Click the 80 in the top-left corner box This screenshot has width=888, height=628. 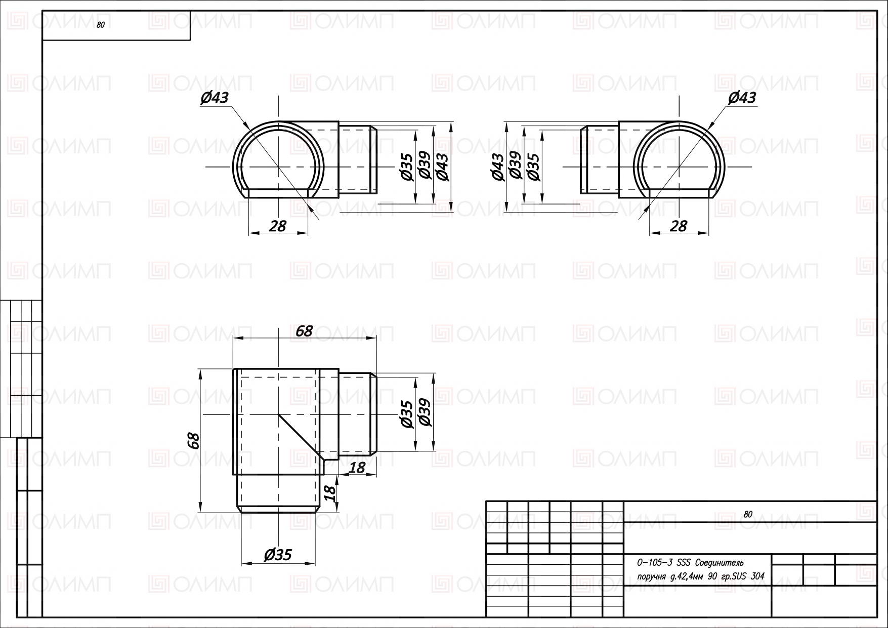[x=100, y=25]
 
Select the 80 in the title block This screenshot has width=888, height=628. [x=748, y=514]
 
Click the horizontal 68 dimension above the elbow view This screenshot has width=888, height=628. [x=304, y=331]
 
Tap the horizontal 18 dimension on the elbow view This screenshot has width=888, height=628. [x=357, y=468]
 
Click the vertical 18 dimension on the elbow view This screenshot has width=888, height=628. [x=329, y=492]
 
